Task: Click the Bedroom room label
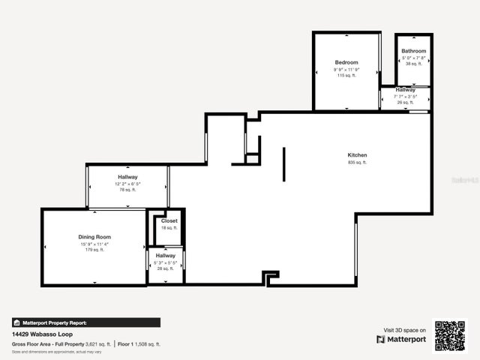pos(346,62)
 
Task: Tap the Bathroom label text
pos(413,51)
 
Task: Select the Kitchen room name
pos(357,155)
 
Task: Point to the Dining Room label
pos(94,237)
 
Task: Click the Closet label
pos(169,221)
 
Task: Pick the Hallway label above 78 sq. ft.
pos(127,177)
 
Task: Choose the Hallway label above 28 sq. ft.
pos(166,256)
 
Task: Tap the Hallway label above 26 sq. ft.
pos(406,90)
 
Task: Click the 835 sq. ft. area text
pos(357,162)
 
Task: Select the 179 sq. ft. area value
pos(94,250)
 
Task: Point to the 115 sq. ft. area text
pos(346,76)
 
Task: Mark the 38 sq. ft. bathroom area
pos(413,64)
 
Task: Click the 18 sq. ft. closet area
pos(169,228)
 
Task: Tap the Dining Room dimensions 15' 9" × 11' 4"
pos(94,244)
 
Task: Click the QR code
pos(450,336)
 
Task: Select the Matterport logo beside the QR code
pos(402,339)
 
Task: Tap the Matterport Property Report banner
pos(85,322)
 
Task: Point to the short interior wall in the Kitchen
pos(283,164)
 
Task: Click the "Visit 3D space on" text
pos(405,330)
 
